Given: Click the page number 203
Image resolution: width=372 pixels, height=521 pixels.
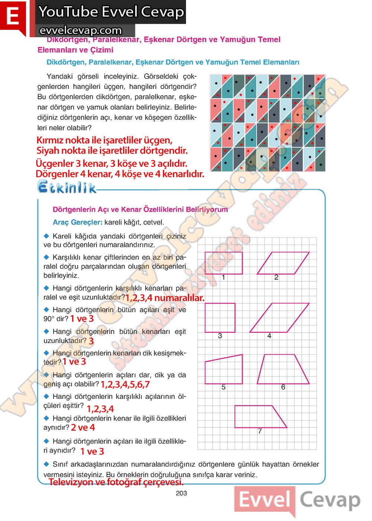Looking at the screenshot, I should tap(181, 493).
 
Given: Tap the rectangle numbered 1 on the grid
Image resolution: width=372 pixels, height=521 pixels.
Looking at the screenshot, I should tap(224, 263).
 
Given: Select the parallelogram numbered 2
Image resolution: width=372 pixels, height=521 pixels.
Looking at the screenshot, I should tap(283, 263).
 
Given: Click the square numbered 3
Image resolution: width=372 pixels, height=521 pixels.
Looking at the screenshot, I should tap(220, 317).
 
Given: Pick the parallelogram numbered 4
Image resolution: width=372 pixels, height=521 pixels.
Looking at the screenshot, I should tap(279, 317).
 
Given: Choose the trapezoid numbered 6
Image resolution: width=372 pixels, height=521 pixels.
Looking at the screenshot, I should tap(283, 369).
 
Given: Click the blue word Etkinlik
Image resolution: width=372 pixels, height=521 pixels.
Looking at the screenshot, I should tap(67, 187).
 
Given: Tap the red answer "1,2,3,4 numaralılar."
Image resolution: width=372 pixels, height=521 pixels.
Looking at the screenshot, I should tap(165, 298).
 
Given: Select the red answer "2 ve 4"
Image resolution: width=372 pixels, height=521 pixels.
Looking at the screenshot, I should tap(83, 428).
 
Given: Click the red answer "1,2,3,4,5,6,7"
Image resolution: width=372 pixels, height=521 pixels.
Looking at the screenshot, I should tap(125, 384).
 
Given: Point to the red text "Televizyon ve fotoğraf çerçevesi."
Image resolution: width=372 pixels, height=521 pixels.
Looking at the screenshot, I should tap(116, 482).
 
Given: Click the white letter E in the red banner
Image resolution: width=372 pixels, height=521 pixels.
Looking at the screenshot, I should tap(13, 16).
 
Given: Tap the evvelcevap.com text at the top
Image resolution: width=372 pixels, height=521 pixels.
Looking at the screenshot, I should tap(80, 30).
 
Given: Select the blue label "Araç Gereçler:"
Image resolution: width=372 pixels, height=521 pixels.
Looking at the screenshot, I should tap(77, 222).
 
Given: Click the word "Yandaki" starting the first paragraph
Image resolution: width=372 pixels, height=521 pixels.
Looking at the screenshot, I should tap(60, 76).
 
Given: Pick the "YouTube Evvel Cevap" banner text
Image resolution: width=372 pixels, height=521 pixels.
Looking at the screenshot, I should tap(111, 12).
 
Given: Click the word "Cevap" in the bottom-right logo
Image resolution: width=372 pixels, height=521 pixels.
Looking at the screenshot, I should tap(330, 500).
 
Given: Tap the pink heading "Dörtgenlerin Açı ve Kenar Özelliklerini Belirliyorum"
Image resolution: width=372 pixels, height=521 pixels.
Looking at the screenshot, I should tap(140, 210).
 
